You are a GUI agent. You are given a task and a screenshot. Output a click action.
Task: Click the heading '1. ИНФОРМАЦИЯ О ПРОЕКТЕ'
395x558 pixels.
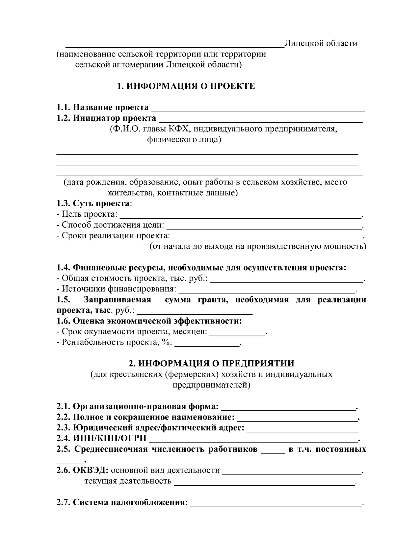coord(186,86)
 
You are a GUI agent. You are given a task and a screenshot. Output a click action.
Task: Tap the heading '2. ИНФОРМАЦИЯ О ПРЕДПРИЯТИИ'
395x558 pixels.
coord(211,364)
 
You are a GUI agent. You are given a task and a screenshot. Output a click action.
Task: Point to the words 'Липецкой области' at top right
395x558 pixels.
coord(321,43)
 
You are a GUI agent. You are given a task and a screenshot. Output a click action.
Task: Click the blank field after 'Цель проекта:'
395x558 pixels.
coord(240,216)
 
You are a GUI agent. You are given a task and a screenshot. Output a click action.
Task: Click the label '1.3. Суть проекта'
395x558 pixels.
coord(93,204)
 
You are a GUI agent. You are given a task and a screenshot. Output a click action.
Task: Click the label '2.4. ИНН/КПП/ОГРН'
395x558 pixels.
coord(101,439)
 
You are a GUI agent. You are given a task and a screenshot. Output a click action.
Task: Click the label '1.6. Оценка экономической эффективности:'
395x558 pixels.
coord(149,321)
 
